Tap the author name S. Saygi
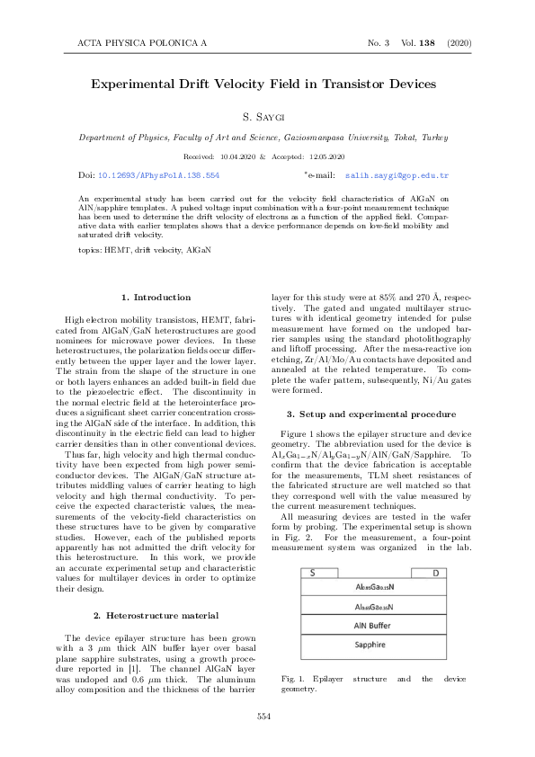pyautogui.click(x=267, y=118)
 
